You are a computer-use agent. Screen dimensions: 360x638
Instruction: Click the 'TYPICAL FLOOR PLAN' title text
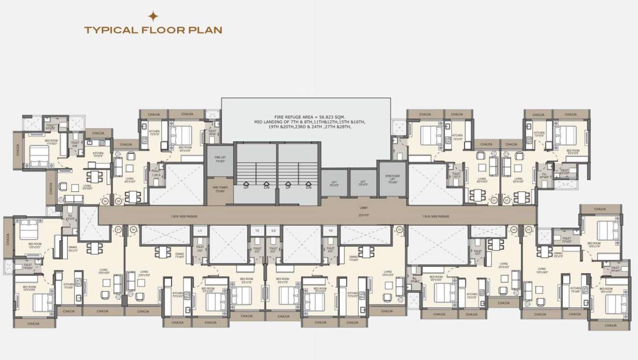click(x=153, y=30)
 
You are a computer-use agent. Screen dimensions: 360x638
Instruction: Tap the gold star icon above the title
click(x=153, y=16)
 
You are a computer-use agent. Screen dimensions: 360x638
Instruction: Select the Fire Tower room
click(x=220, y=188)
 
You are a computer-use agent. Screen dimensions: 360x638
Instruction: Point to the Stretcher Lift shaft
click(x=392, y=179)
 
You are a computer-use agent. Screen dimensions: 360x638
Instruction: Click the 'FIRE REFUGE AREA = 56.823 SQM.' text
click(x=306, y=117)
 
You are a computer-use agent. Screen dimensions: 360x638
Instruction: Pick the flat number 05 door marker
click(x=398, y=230)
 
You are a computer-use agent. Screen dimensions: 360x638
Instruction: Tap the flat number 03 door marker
click(x=528, y=230)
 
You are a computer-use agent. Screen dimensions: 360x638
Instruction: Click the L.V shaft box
click(x=200, y=231)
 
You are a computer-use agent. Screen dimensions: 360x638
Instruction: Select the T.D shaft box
click(x=257, y=231)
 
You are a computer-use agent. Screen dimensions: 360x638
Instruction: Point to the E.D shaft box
click(x=273, y=231)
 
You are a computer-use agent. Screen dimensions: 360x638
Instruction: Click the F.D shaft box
click(x=330, y=231)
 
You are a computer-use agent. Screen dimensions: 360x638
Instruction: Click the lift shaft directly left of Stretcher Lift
click(x=363, y=182)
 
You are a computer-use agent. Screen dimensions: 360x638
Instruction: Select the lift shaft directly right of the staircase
click(x=334, y=182)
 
